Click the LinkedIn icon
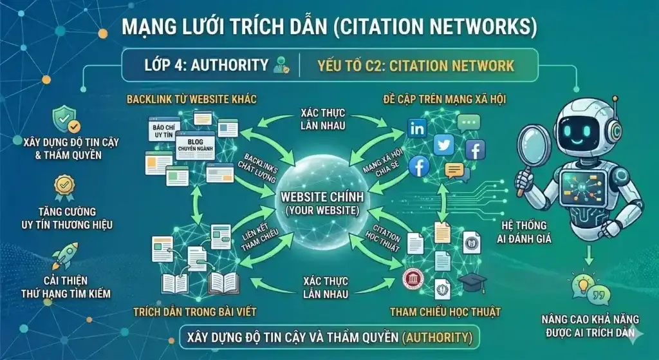[417, 128]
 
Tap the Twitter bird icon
[444, 146]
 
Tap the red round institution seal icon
[410, 279]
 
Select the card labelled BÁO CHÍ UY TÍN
[163, 132]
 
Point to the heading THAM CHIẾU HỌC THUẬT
[445, 312]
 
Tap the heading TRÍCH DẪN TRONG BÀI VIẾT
[195, 312]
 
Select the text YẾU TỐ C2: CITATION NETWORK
[416, 65]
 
